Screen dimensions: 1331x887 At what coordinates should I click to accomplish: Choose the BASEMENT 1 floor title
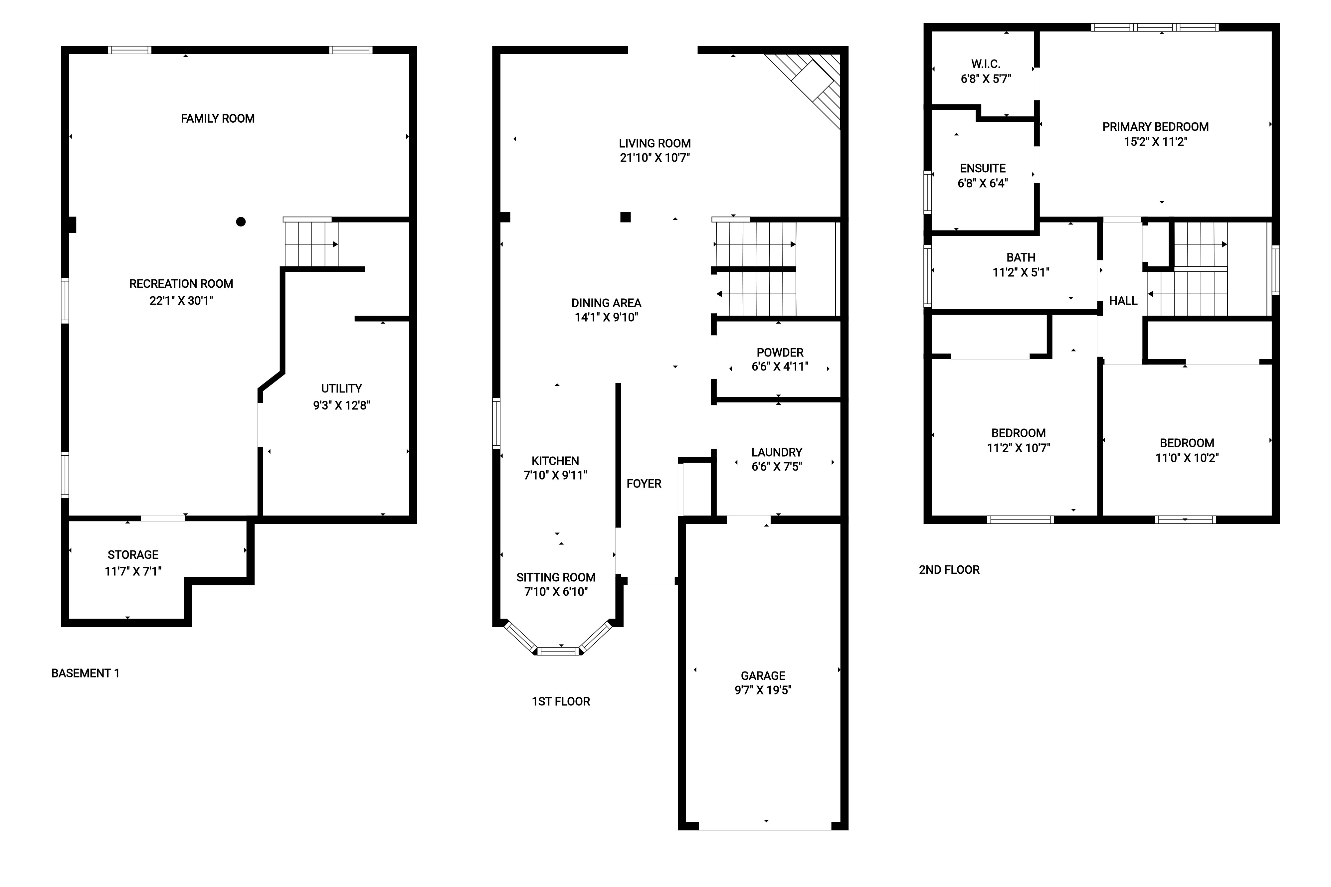[x=86, y=673]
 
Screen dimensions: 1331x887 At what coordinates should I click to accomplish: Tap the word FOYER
[x=644, y=484]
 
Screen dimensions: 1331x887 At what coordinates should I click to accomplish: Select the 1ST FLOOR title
[x=561, y=701]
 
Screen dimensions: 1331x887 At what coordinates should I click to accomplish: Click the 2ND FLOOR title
[x=949, y=570]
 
